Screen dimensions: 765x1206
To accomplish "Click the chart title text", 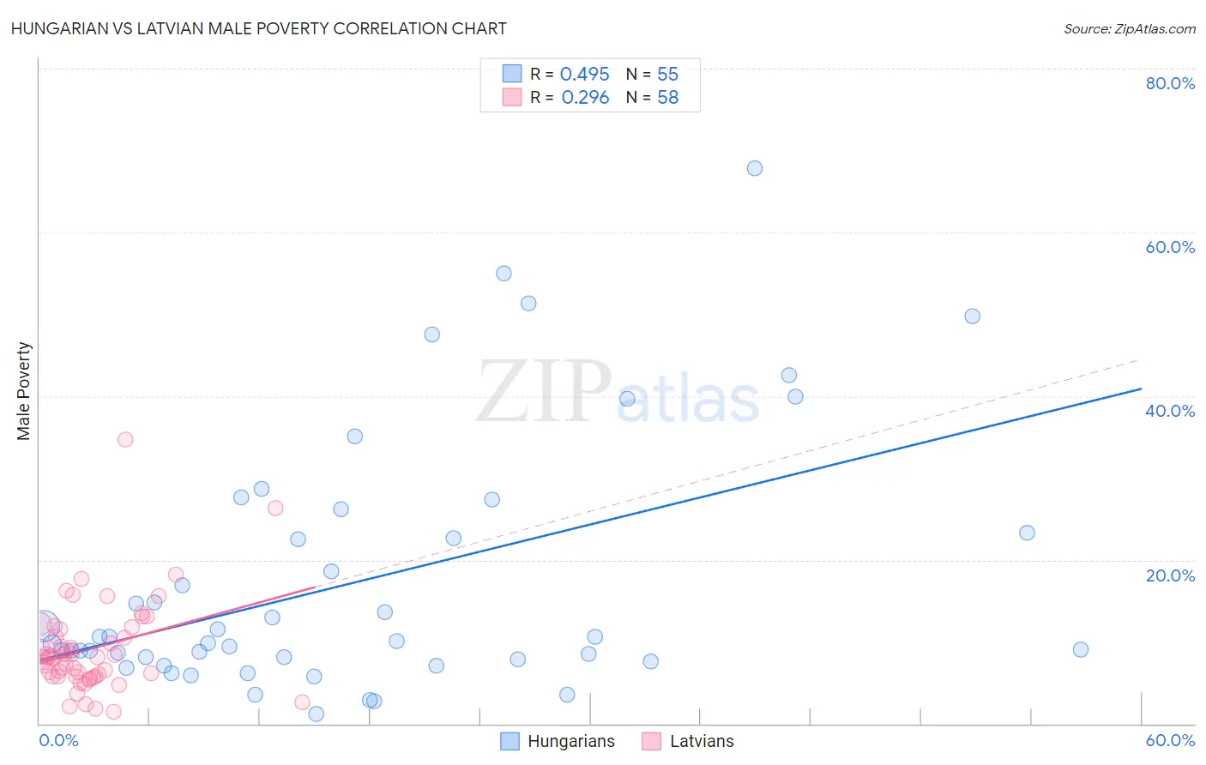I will coord(259,28).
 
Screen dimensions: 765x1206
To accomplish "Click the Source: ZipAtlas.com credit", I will coord(1129,28).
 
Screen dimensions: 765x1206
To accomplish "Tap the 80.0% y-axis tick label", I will coord(1170,83).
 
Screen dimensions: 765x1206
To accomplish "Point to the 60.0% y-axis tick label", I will coord(1170,247).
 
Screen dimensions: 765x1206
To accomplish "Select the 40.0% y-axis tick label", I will coord(1170,411).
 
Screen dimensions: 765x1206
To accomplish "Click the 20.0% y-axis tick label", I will coord(1170,575).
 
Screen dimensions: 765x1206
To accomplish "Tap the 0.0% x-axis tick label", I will coord(58,740).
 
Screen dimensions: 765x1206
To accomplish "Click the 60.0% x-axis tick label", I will coord(1170,740).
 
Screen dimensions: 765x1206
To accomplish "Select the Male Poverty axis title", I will coord(24,391).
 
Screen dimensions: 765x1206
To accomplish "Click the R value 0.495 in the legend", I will coord(584,75).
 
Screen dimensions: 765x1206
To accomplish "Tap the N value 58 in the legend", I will coord(667,98).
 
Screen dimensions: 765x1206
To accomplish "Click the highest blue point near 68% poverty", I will coord(755,168).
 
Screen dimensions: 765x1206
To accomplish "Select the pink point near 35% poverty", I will coord(125,439).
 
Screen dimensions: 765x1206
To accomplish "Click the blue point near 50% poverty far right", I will coord(972,316).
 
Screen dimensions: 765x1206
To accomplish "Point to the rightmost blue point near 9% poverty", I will coord(1081,649).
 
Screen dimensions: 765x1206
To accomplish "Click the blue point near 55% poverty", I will coord(504,274).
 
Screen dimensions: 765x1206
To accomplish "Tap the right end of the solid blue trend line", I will coord(1141,389).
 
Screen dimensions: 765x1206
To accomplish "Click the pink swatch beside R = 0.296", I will coord(512,97).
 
